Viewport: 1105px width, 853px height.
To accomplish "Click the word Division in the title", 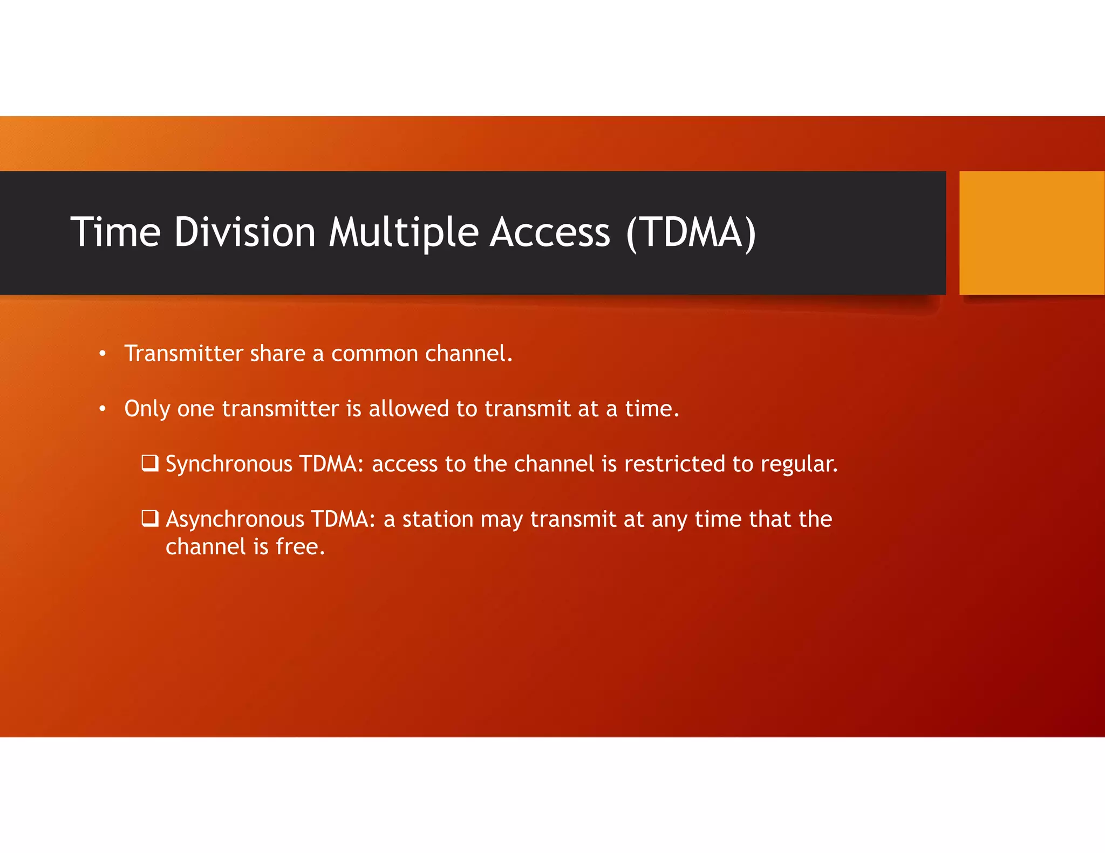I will tap(244, 232).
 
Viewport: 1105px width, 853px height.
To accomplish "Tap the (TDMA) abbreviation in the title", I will tap(691, 232).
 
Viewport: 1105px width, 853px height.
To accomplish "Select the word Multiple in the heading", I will tap(404, 232).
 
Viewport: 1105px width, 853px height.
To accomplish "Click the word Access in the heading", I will tap(550, 232).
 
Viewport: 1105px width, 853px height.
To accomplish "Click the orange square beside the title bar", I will tap(1031, 233).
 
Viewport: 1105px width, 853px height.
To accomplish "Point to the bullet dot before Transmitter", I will tap(103, 354).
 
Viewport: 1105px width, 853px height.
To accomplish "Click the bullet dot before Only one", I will tap(103, 409).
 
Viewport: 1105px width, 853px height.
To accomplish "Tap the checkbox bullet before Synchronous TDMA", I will tap(149, 463).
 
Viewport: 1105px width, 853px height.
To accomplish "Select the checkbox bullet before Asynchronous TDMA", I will tap(149, 518).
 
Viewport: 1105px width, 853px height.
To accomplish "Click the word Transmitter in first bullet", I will tap(184, 354).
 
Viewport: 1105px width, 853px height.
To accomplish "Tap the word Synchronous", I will tap(228, 464).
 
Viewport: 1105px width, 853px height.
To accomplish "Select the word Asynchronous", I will tap(235, 519).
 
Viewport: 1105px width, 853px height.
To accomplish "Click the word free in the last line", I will tap(300, 547).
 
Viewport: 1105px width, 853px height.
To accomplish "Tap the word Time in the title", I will tap(115, 232).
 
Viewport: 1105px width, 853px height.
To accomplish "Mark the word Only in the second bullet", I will tap(147, 409).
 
